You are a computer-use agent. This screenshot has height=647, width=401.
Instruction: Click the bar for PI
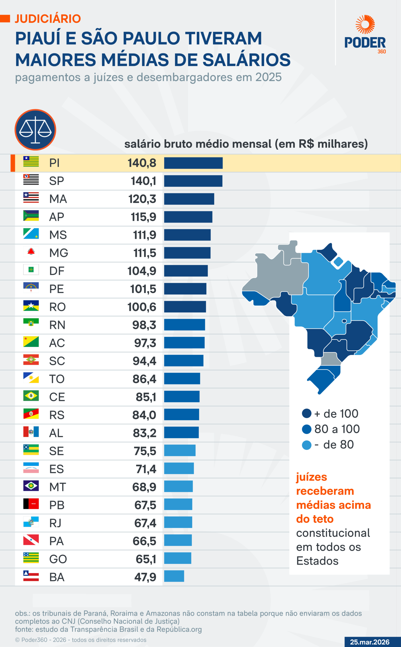click(193, 163)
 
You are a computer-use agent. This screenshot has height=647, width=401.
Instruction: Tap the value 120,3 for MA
click(142, 199)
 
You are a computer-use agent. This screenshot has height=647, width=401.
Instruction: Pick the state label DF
click(57, 271)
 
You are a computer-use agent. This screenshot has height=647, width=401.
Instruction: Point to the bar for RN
click(184, 325)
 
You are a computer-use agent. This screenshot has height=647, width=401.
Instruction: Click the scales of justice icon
click(35, 130)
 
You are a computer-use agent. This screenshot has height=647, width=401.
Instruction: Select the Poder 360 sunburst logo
click(365, 24)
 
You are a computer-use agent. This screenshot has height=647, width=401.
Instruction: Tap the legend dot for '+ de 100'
click(307, 413)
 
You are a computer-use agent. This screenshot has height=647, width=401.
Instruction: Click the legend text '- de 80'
click(334, 445)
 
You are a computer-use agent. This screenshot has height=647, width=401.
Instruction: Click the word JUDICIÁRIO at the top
click(48, 19)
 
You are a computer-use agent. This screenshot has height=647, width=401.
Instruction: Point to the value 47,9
click(145, 577)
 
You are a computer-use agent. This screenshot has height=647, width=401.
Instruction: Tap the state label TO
click(57, 379)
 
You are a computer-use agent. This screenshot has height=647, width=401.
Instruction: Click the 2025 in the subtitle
click(268, 77)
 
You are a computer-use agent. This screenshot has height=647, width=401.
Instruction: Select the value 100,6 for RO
click(142, 307)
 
